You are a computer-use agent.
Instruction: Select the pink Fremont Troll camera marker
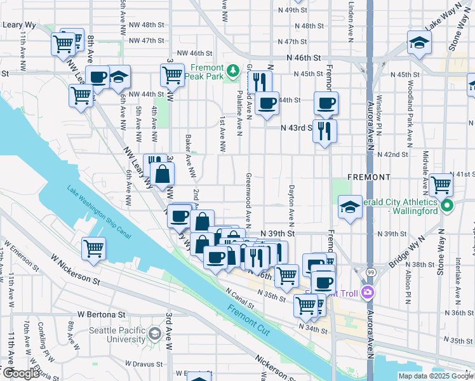(x=366, y=291)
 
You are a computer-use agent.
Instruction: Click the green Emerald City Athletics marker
(x=446, y=205)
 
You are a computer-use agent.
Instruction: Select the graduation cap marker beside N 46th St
(x=419, y=43)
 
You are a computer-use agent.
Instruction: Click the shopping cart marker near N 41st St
(x=441, y=185)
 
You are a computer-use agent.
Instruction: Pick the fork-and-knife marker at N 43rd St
(x=324, y=131)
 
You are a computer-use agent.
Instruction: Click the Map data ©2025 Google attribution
(x=435, y=376)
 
